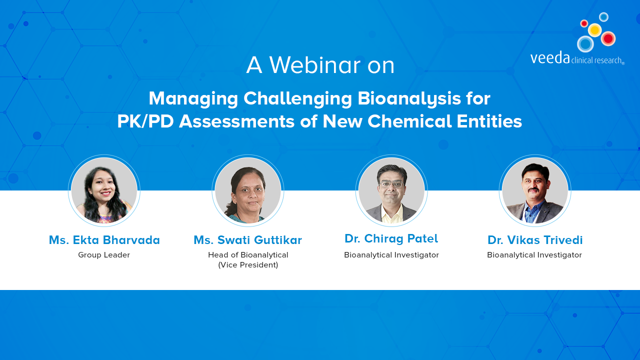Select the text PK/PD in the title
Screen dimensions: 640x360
pos(145,121)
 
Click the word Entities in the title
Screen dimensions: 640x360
pos(489,121)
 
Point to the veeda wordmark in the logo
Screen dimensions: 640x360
pos(550,57)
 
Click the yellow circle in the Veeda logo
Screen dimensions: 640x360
pos(594,29)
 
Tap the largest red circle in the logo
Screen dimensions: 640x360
pos(608,38)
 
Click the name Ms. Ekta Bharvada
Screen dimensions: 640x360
pos(104,240)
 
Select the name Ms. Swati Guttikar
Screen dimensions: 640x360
pos(247,240)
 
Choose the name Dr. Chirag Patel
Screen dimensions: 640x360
pos(391,238)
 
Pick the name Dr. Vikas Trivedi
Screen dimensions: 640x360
pos(535,240)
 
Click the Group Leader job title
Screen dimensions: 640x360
pos(104,255)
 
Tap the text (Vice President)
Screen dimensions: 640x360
pos(248,265)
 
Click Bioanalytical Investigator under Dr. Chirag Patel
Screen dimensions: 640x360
pos(391,255)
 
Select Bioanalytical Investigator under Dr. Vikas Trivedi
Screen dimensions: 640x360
pos(534,255)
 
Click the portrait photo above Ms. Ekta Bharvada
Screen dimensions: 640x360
pos(104,190)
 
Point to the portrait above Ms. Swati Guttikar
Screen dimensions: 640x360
pos(247,190)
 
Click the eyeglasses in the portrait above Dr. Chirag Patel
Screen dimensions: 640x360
pos(391,183)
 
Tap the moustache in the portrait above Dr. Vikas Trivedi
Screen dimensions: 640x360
pos(533,189)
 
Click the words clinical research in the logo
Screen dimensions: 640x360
pos(596,60)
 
